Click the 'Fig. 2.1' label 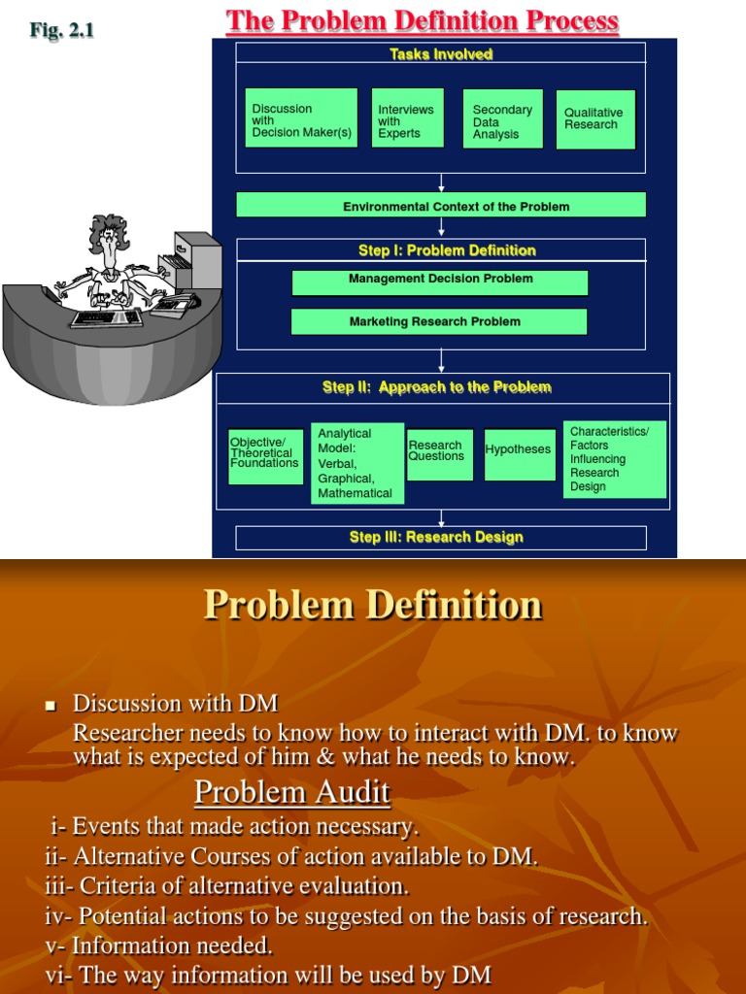61,30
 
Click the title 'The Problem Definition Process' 423,21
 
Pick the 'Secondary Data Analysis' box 501,121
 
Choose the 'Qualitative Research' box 594,119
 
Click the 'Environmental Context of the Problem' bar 440,206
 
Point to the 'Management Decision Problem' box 440,281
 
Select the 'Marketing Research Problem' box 438,321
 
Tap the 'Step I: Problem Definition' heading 446,250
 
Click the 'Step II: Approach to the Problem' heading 436,387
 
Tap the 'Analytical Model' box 356,463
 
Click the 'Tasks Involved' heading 441,54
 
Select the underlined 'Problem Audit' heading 292,793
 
